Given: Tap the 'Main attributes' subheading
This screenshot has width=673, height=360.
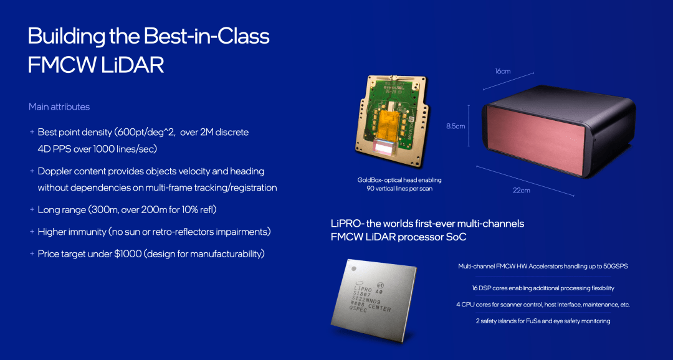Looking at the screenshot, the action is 59,107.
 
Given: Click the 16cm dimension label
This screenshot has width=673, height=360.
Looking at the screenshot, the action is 503,71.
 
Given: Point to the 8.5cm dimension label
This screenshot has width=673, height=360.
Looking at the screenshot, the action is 456,126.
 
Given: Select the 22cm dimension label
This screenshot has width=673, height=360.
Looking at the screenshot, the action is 521,190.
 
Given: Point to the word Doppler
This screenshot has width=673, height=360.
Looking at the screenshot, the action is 54,171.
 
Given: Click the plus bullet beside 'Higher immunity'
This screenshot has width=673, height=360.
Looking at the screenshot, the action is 32,232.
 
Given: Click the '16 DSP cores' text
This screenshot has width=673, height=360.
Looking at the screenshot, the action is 485,288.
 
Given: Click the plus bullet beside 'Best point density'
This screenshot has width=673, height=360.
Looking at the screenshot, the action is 32,132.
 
